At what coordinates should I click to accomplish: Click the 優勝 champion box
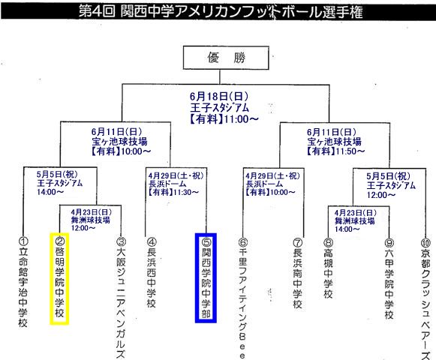226,58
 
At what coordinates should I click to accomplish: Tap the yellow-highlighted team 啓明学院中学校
59,278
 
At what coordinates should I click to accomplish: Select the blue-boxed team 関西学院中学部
206,278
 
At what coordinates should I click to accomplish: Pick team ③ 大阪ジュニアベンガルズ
121,298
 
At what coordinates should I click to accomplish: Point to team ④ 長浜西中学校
152,273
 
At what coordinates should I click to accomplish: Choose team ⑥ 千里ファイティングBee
242,298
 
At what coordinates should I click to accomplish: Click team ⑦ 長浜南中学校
297,274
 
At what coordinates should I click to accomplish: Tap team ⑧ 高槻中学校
328,268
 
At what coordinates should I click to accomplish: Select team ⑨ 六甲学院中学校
389,279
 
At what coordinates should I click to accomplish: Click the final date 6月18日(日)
219,97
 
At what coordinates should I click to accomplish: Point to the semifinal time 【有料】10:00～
121,151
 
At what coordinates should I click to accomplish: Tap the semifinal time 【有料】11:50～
335,151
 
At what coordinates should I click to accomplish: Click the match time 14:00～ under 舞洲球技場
347,229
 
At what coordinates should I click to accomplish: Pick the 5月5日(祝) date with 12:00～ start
388,176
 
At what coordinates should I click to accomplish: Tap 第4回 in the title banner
97,12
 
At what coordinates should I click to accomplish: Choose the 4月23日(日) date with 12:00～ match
91,212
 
